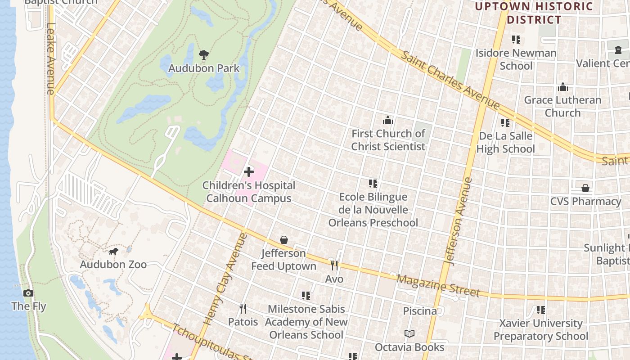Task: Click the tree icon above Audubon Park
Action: coord(204,55)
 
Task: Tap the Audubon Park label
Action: coord(204,68)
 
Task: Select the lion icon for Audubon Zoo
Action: coord(113,251)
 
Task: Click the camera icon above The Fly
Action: coord(28,293)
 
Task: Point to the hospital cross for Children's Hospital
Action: coord(248,172)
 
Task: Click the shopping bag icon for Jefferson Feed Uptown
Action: coord(284,240)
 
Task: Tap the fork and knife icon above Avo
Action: coord(334,265)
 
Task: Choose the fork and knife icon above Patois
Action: coord(243,309)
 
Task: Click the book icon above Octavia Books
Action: coord(409,334)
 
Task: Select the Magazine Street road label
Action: coord(438,286)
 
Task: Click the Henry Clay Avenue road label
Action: coord(226,279)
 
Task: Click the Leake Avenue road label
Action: coord(50,58)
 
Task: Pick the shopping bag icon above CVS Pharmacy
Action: coord(585,188)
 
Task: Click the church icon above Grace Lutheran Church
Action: coord(562,87)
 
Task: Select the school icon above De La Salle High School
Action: coord(505,122)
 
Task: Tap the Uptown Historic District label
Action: coord(534,13)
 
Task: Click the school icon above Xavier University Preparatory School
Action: coord(540,310)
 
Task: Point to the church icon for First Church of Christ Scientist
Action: coord(388,120)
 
